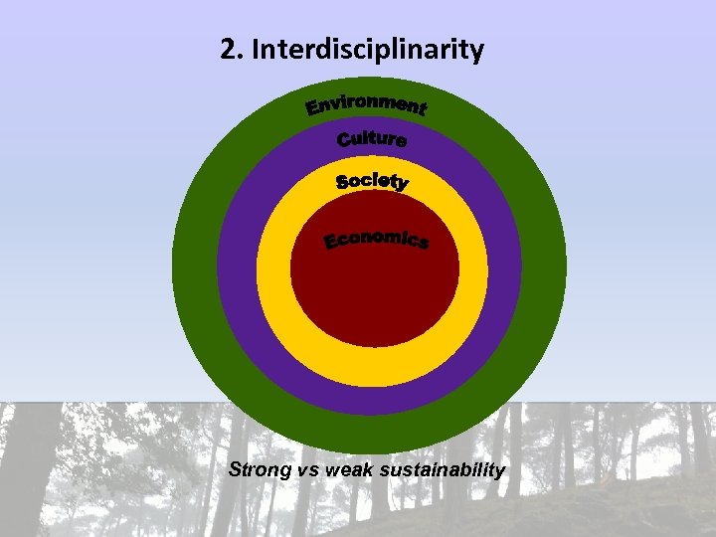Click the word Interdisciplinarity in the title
pyautogui.click(x=368, y=51)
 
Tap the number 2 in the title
pyautogui.click(x=229, y=50)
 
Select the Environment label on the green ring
pyautogui.click(x=366, y=103)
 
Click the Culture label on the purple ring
pyautogui.click(x=372, y=139)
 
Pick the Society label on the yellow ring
pyautogui.click(x=372, y=181)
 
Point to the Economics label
pyautogui.click(x=377, y=240)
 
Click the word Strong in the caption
pyautogui.click(x=260, y=469)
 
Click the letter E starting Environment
pyautogui.click(x=312, y=107)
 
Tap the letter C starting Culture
pyautogui.click(x=344, y=141)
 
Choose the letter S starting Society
pyautogui.click(x=343, y=182)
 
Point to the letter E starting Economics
pyautogui.click(x=332, y=243)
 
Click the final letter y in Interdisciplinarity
pyautogui.click(x=477, y=54)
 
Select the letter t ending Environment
pyautogui.click(x=421, y=108)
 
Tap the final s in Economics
pyautogui.click(x=423, y=244)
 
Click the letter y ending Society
pyautogui.click(x=401, y=184)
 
